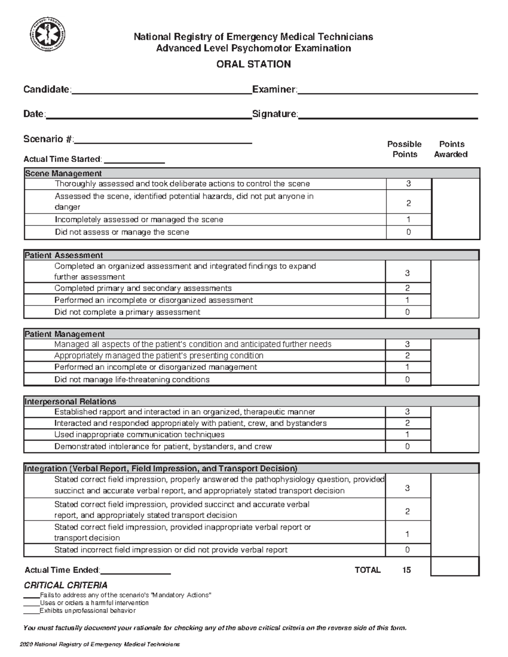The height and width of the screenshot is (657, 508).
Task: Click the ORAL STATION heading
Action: [253, 64]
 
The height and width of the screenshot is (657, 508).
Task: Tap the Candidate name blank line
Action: [162, 90]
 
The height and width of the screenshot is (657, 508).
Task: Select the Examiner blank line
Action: [388, 90]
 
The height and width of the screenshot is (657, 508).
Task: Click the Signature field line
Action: [388, 115]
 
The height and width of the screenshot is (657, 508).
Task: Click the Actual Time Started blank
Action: [134, 160]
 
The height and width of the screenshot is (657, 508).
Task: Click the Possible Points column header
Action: [404, 149]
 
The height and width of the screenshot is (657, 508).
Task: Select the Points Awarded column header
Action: [451, 149]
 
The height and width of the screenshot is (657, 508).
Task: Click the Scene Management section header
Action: [63, 173]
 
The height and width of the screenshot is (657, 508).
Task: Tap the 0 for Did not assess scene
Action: [408, 232]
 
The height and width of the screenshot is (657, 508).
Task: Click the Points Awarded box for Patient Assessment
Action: [455, 289]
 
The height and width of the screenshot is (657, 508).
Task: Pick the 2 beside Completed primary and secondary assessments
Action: [407, 289]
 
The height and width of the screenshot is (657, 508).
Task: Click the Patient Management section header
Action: [65, 334]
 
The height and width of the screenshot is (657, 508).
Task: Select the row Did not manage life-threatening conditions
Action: [132, 379]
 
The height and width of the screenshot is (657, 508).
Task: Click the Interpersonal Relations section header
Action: [70, 401]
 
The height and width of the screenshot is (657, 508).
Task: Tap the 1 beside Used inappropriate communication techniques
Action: [407, 434]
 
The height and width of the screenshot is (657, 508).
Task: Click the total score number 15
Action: [406, 570]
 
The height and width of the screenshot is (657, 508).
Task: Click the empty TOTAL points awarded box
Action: [455, 567]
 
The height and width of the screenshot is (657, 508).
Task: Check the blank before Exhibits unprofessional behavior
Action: [31, 611]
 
